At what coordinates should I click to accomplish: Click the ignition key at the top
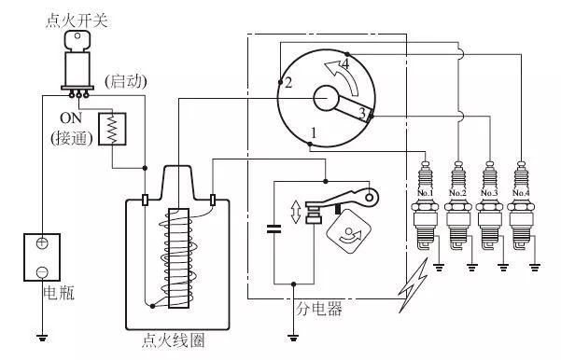(77, 40)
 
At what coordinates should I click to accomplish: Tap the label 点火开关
(77, 21)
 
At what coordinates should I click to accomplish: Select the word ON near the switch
(71, 118)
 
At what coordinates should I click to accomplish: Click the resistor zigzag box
(112, 129)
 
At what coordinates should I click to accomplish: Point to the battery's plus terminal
(42, 243)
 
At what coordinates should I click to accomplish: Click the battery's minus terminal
(42, 271)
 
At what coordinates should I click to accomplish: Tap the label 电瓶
(59, 293)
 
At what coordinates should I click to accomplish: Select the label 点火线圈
(174, 340)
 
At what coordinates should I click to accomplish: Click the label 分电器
(319, 309)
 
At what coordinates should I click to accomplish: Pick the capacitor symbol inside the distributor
(274, 228)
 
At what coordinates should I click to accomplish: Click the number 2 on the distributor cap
(288, 83)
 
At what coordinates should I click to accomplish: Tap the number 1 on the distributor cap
(314, 133)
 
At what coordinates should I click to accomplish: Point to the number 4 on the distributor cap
(344, 64)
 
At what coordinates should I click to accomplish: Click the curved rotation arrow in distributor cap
(344, 75)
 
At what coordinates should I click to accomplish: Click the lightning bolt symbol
(414, 285)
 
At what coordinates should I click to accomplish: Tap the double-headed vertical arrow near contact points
(296, 212)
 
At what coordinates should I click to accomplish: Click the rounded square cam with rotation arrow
(348, 231)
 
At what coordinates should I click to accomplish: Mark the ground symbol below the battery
(42, 337)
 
